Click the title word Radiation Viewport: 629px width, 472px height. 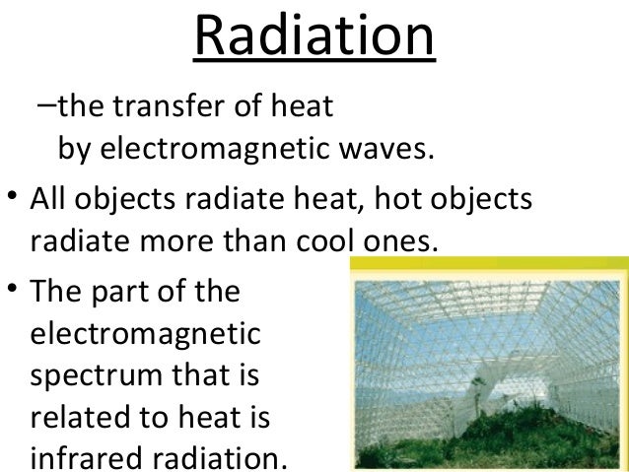tap(314, 37)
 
